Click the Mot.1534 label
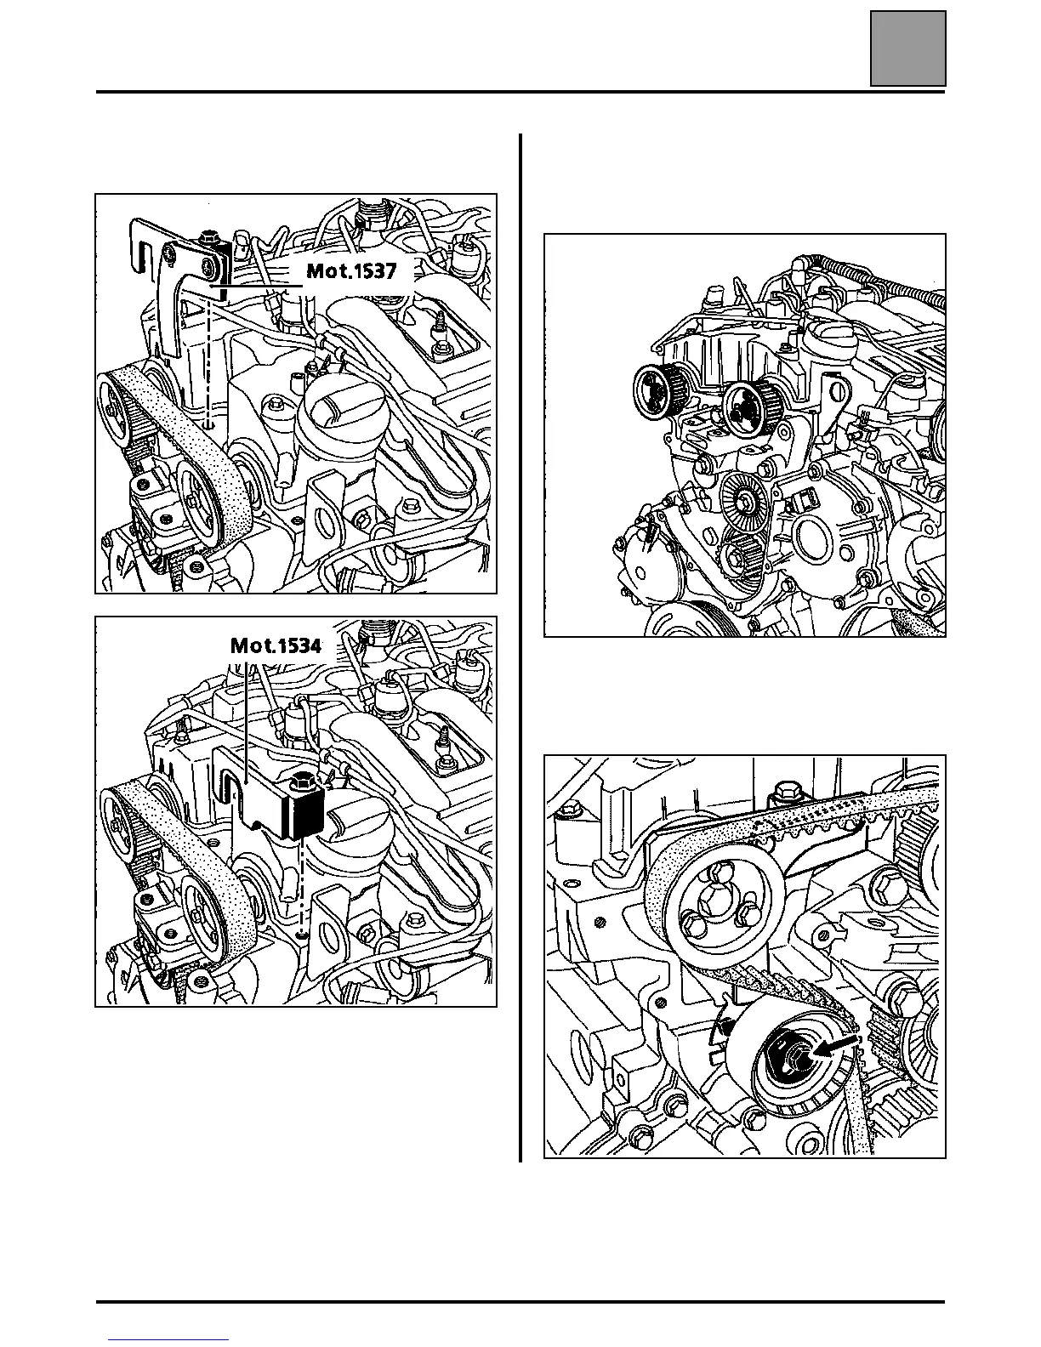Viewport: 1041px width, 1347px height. tap(276, 645)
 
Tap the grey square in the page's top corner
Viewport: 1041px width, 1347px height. tap(907, 48)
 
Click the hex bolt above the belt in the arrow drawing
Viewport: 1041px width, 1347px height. tap(782, 799)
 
